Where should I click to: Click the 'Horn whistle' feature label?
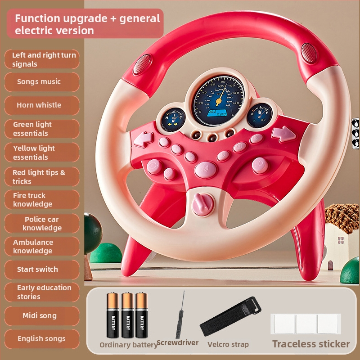pyautogui.click(x=39, y=105)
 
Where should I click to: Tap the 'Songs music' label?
pyautogui.click(x=39, y=81)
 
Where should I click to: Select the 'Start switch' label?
pyautogui.click(x=38, y=269)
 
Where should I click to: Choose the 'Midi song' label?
pyautogui.click(x=40, y=315)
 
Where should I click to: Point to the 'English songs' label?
pyautogui.click(x=41, y=338)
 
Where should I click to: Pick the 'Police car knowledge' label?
pyautogui.click(x=42, y=223)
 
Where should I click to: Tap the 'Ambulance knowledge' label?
pyautogui.click(x=33, y=246)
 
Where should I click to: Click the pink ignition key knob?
pyautogui.click(x=198, y=204)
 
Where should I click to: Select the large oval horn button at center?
pyautogui.click(x=206, y=169)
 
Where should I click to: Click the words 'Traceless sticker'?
pyautogui.click(x=311, y=344)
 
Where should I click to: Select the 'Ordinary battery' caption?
pyautogui.click(x=128, y=345)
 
